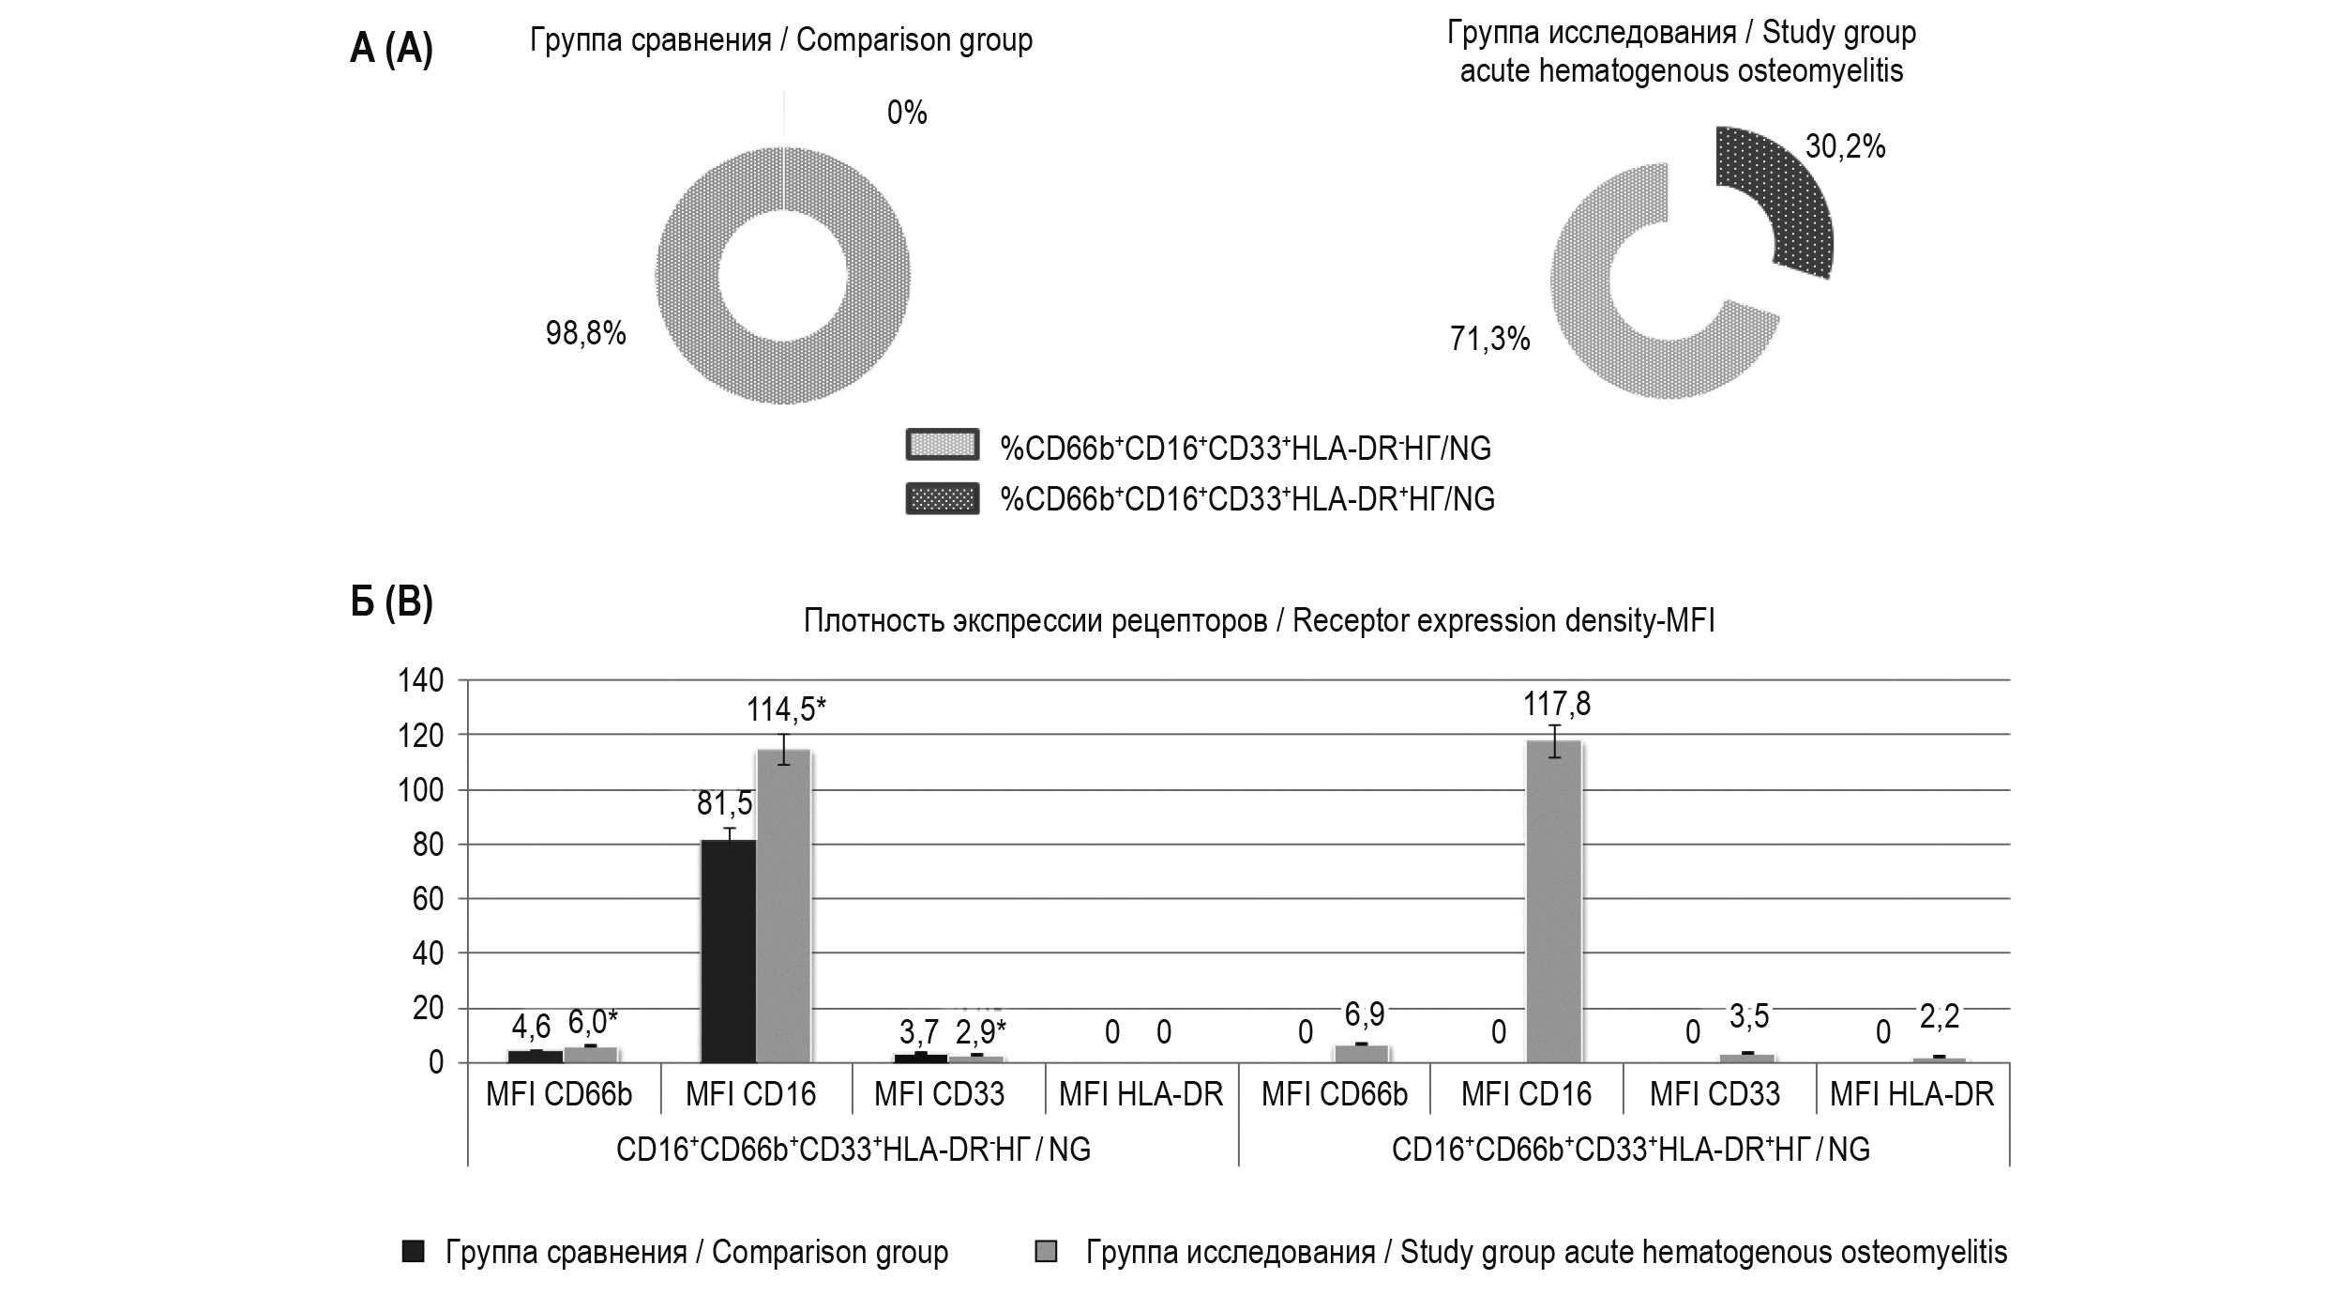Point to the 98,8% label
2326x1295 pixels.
click(586, 333)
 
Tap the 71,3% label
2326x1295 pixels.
click(1489, 339)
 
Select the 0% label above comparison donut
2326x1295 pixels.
click(906, 114)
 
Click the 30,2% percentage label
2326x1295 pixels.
click(1845, 147)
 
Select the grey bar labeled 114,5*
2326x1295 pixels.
click(784, 906)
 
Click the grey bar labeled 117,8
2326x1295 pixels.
click(1554, 901)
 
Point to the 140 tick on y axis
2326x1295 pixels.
click(421, 680)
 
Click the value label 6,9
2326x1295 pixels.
click(1364, 1014)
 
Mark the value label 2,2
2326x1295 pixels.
click(1939, 1016)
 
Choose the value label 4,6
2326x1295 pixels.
click(531, 1027)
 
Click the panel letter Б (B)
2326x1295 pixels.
click(391, 603)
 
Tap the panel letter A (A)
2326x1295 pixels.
click(391, 49)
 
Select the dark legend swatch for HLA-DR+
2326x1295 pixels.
click(942, 498)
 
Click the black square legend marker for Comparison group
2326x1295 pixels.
click(413, 1252)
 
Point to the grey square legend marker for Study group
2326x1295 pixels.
click(1046, 1252)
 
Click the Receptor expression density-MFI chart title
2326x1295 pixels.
click(1259, 621)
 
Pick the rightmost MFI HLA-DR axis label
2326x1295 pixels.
click(1911, 1094)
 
